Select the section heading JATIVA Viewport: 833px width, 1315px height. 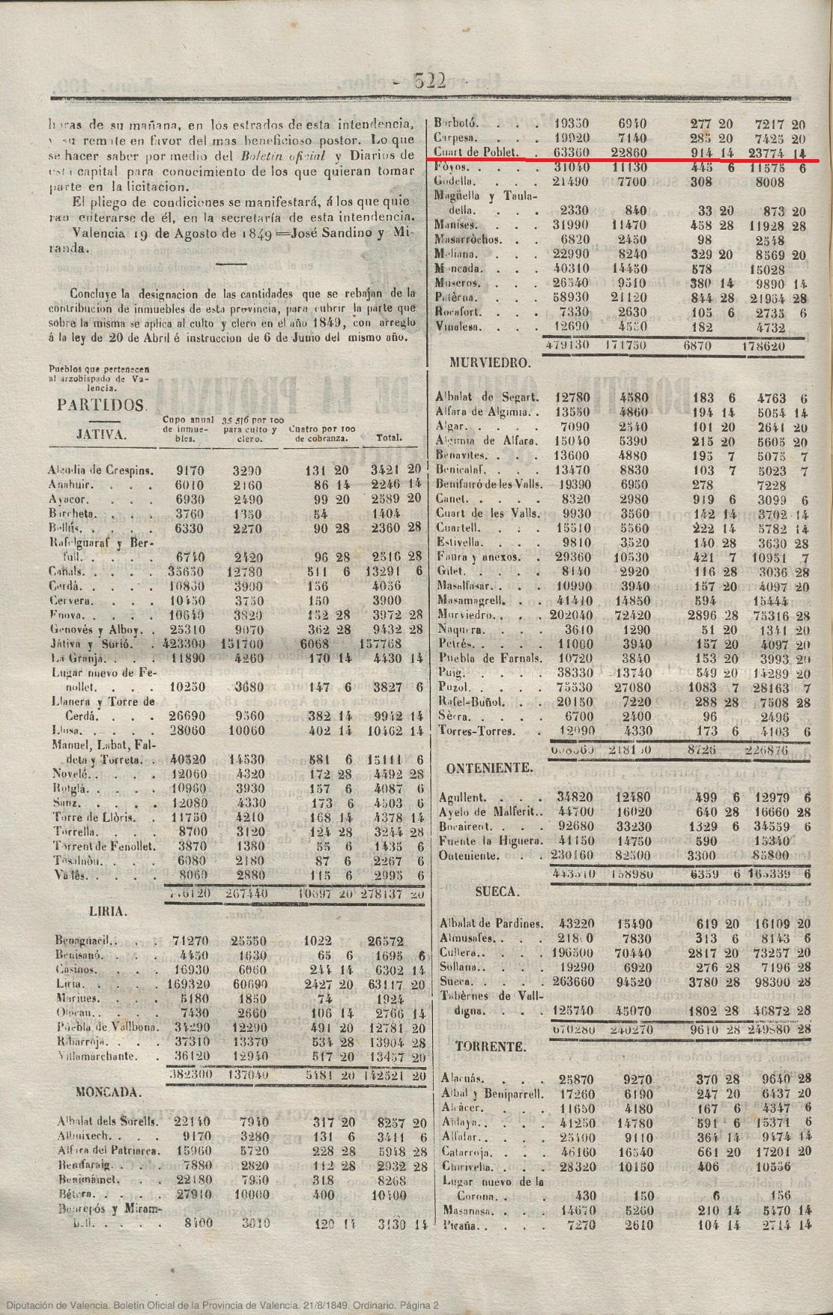pos(102,435)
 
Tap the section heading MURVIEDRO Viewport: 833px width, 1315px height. pos(490,363)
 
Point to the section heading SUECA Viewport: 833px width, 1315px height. pos(496,892)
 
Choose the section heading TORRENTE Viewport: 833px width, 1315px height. pos(490,1047)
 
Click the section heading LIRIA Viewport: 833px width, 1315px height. pos(107,912)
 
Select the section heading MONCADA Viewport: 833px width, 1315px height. pos(107,1092)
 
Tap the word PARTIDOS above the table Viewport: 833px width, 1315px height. pos(100,405)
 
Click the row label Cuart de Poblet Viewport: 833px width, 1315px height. pos(472,152)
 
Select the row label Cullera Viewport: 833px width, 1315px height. pos(457,953)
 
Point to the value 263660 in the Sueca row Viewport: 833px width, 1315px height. pos(573,981)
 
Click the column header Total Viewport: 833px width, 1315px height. pos(389,438)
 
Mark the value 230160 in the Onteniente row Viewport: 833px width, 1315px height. pos(573,855)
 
